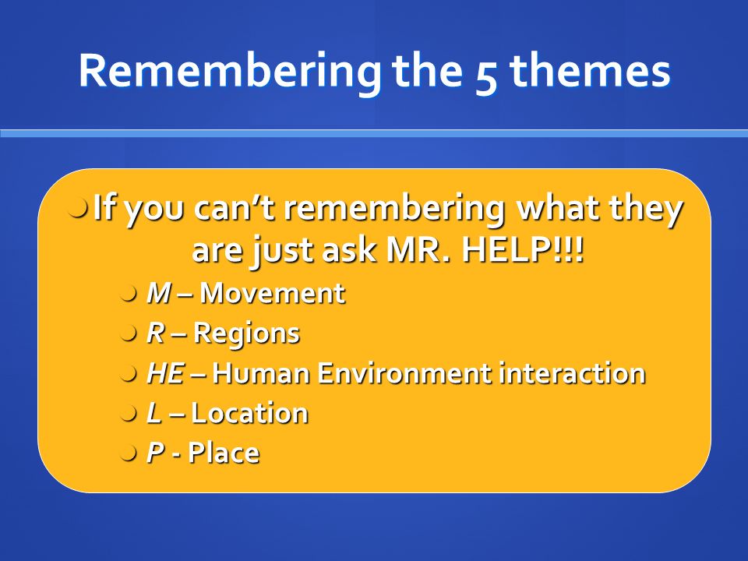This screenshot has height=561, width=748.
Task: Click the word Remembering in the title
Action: coord(230,71)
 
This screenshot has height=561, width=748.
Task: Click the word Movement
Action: coord(272,293)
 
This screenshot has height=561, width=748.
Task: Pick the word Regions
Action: coord(247,333)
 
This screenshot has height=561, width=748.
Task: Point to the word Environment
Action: coord(405,372)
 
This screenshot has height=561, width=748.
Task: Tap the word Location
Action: coord(249,413)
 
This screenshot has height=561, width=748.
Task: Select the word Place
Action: coord(224,453)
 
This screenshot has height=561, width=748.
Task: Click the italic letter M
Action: coord(159,293)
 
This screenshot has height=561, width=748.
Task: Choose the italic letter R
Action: coord(156,333)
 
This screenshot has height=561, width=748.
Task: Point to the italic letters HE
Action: coord(165,372)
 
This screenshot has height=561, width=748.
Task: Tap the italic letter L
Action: coord(153,413)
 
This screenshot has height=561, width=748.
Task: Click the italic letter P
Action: coord(156,453)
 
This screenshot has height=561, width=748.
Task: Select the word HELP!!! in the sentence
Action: coord(522,249)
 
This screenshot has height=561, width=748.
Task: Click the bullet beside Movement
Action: coord(129,294)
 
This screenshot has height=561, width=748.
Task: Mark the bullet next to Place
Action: coord(129,453)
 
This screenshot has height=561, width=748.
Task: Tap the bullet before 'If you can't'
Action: coord(78,209)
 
